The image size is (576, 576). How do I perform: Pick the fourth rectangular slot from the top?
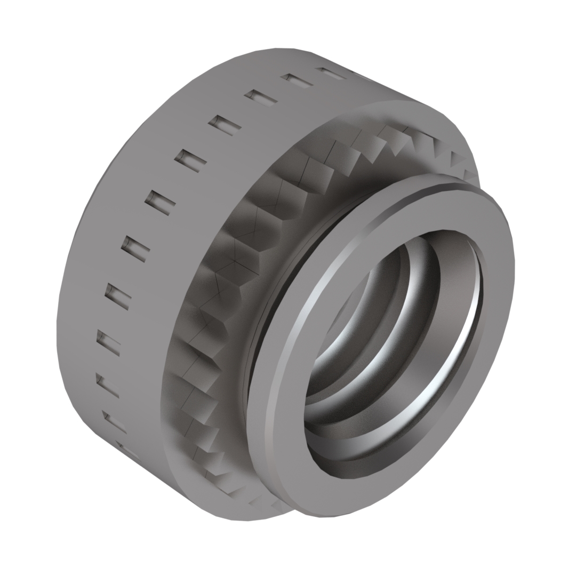tap(225, 124)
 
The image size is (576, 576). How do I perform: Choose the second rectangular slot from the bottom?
tap(114, 421)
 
